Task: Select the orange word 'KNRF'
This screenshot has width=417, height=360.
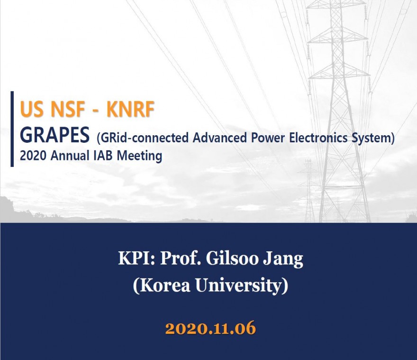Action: [x=130, y=109]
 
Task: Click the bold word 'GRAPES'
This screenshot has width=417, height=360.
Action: [x=54, y=135]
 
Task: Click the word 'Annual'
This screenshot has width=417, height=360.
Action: [x=70, y=156]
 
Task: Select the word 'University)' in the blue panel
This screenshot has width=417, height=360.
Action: [x=242, y=286]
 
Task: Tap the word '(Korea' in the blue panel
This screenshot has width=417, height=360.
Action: [x=162, y=286]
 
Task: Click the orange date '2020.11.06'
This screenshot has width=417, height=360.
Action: [x=210, y=328]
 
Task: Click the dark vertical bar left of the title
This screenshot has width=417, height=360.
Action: [x=12, y=129]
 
